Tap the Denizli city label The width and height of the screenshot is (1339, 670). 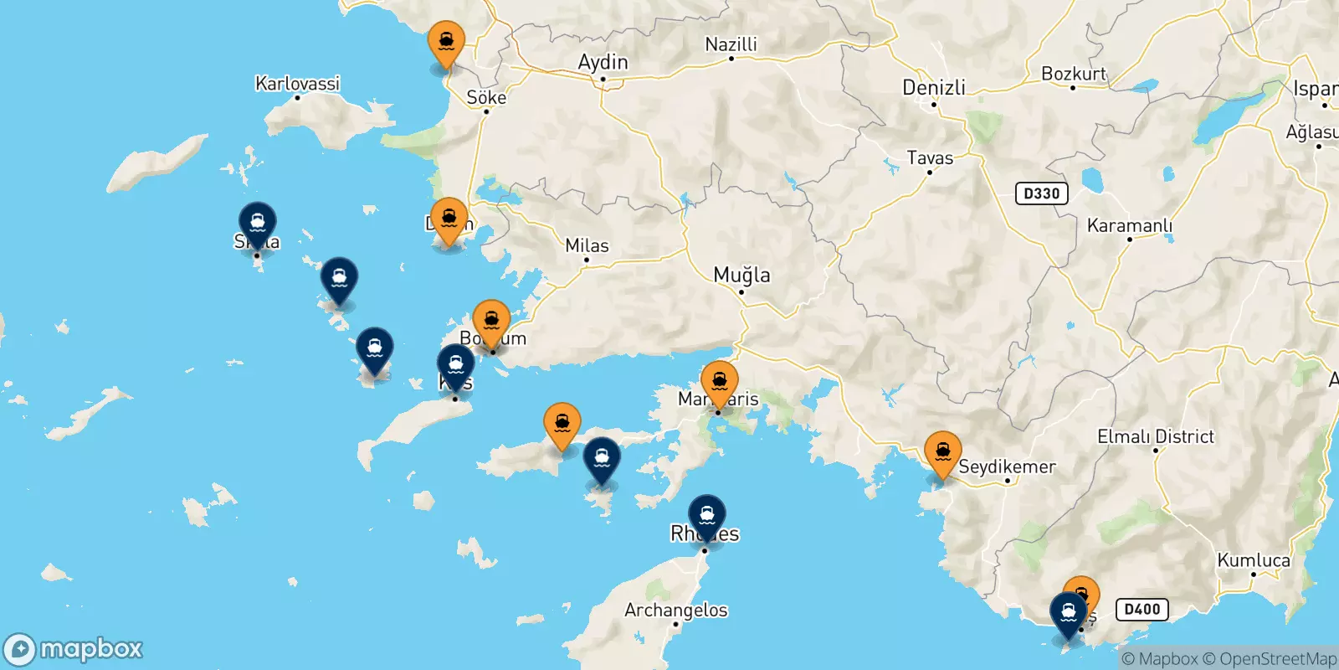[934, 87]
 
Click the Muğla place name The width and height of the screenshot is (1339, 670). [741, 275]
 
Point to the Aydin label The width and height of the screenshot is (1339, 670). [603, 62]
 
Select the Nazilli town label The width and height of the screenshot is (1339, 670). [731, 44]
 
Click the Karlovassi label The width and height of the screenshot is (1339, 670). [297, 83]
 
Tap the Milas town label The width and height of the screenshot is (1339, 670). [587, 245]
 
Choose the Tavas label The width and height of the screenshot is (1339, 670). [930, 157]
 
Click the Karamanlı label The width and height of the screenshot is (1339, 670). [1129, 225]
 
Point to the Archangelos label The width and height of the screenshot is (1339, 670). [675, 610]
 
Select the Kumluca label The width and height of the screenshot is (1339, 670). [1253, 560]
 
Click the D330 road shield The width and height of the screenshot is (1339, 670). [1041, 193]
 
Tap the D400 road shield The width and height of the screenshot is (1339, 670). [1141, 610]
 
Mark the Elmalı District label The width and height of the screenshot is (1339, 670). [1155, 436]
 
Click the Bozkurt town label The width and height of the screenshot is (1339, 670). [1073, 74]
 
